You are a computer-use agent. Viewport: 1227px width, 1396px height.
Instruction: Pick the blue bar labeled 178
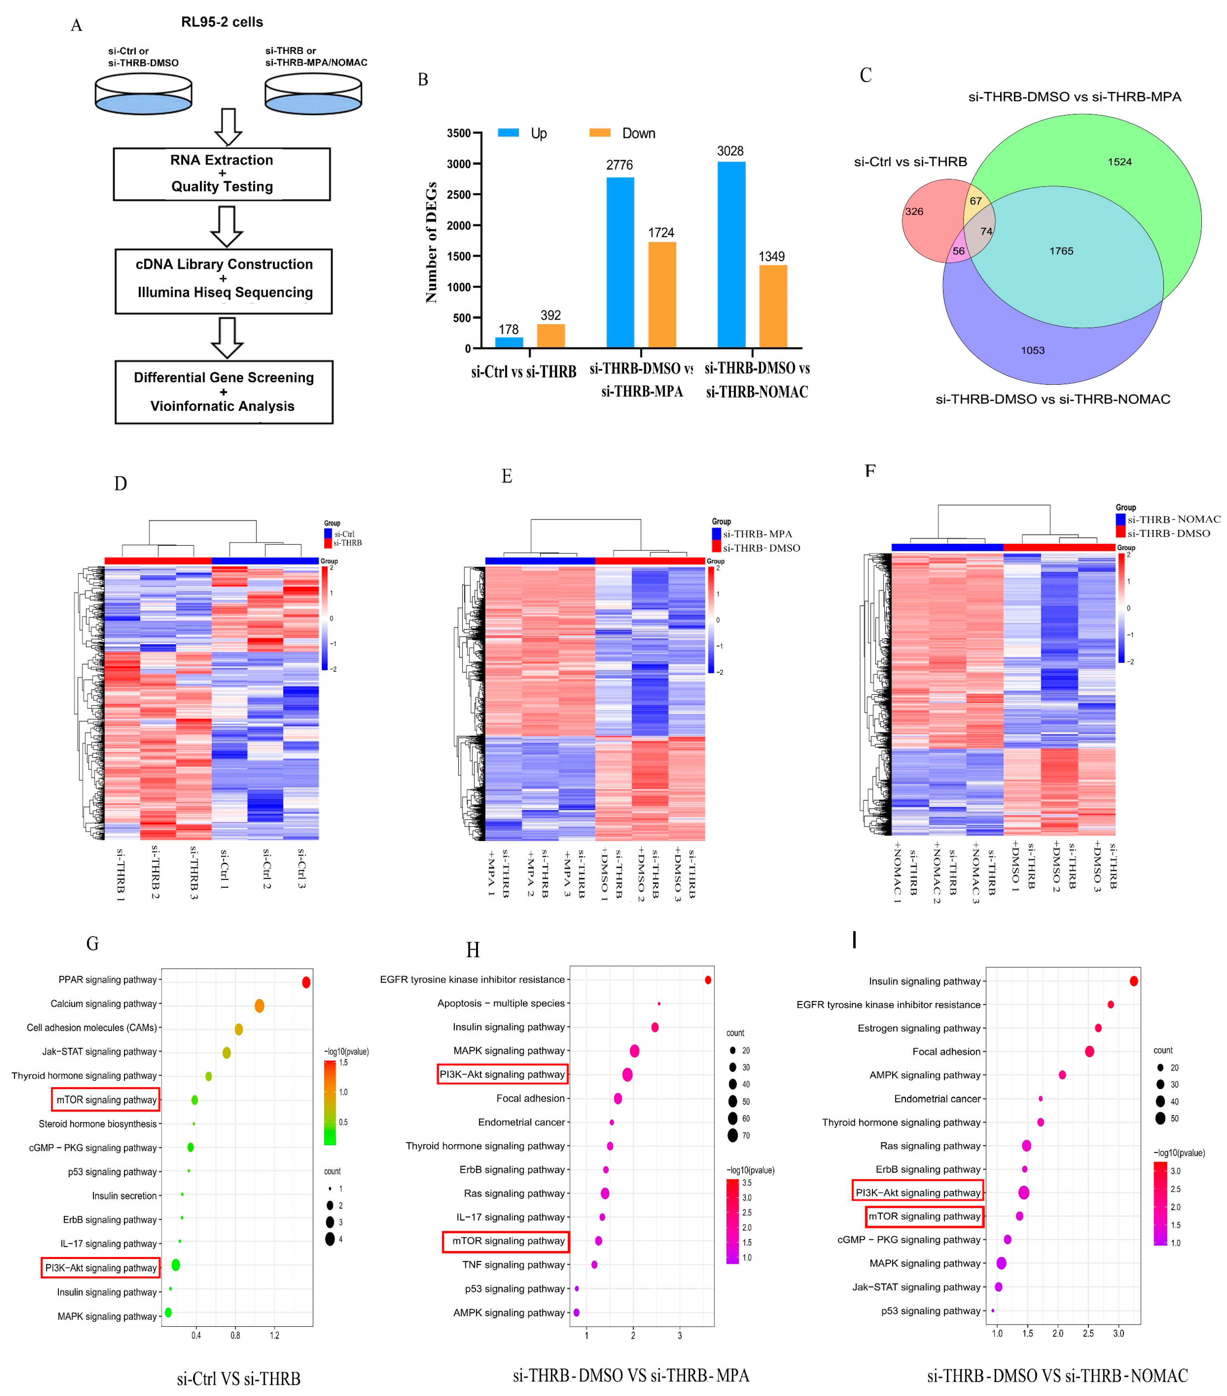(x=509, y=342)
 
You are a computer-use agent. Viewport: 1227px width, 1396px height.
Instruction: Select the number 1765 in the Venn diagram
(x=1061, y=251)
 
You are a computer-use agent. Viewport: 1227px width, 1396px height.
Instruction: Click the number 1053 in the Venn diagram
(x=1032, y=350)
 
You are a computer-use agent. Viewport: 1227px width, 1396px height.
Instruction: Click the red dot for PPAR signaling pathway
(x=306, y=982)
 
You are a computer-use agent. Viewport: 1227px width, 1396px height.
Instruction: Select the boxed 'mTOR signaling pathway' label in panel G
(x=106, y=1099)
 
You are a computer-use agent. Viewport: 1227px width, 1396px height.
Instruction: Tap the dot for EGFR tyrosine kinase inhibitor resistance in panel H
(x=708, y=980)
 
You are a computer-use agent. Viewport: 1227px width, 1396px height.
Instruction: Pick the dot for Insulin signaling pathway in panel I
(x=1134, y=981)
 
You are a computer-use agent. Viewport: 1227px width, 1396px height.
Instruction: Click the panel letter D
(x=120, y=484)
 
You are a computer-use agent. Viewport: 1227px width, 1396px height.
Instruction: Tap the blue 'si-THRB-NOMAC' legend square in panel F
(x=1120, y=519)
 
